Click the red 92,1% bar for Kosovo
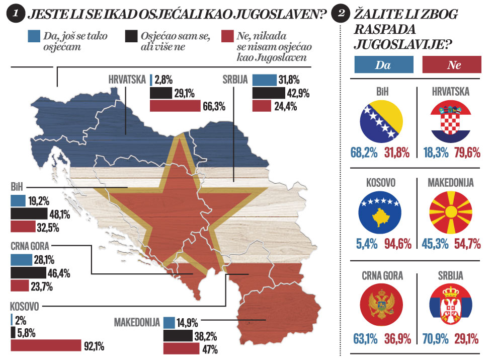pos(46,345)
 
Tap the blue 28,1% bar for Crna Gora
pos(21,260)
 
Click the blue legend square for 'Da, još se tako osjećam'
pos(34,36)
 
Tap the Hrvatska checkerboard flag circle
pos(451,123)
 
